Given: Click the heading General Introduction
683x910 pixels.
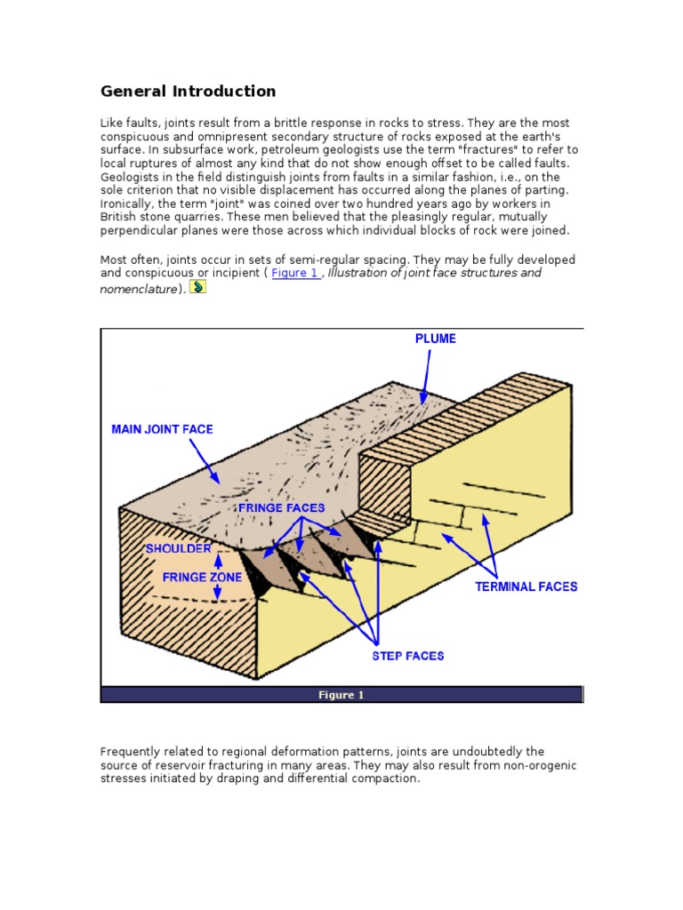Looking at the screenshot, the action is (188, 91).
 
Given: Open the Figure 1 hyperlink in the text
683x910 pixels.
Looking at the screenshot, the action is (295, 273).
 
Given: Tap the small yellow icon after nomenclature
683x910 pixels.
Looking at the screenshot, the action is (198, 286).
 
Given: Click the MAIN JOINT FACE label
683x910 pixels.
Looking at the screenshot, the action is (162, 429).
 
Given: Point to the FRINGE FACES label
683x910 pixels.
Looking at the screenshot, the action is (281, 507).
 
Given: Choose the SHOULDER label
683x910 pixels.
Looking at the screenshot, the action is (178, 548).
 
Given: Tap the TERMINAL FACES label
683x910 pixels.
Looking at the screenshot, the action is (526, 587).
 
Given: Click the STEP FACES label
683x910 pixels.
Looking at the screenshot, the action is (407, 656).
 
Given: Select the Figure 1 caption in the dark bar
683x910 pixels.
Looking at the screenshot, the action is (341, 695).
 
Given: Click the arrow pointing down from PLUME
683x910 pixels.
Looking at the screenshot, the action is (426, 373).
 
